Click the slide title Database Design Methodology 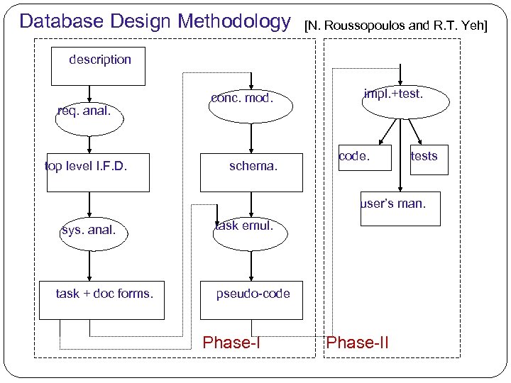155,21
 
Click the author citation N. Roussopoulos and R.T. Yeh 395,26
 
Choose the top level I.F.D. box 98,172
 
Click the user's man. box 400,209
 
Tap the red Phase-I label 231,343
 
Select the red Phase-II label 357,343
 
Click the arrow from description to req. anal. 89,91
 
